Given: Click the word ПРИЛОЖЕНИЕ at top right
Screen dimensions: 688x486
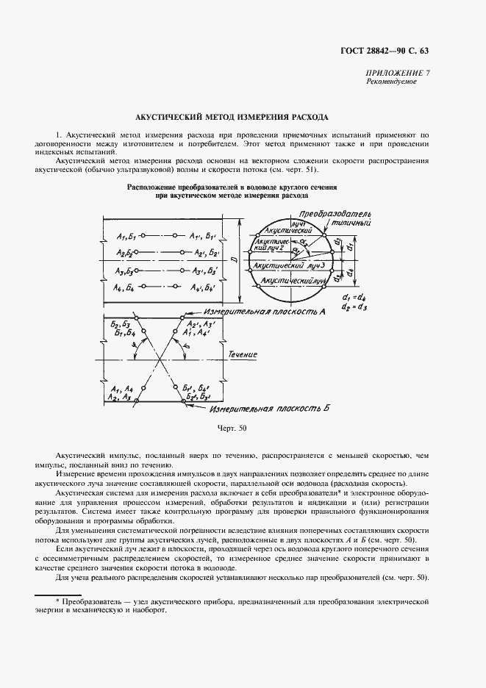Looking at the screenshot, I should pos(393,72).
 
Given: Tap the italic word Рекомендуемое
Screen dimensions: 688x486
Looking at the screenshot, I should pos(391,81).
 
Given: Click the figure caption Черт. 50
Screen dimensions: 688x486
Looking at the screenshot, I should pos(232,427).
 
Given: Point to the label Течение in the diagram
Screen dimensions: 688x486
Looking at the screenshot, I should pos(242,354).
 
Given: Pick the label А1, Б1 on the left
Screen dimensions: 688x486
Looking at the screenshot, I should pos(126,236).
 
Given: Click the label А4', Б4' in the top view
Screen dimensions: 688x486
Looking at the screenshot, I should pos(204,288).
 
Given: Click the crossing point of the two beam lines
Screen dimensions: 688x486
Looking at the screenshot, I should pos(159,354).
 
